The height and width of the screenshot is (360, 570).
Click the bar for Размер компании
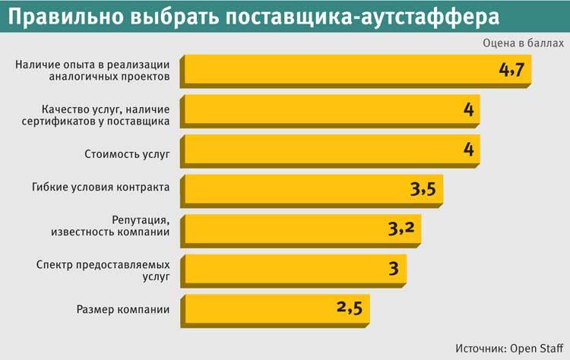(258, 308)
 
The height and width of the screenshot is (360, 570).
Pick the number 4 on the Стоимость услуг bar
(469, 150)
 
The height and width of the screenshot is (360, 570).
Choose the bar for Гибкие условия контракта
(304, 189)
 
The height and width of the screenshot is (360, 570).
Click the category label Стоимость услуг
(127, 154)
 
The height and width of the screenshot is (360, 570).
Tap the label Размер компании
(123, 309)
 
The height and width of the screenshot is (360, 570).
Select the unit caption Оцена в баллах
(523, 43)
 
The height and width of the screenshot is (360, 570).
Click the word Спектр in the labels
(54, 264)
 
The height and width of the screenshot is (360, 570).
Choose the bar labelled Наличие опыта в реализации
(342, 70)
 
